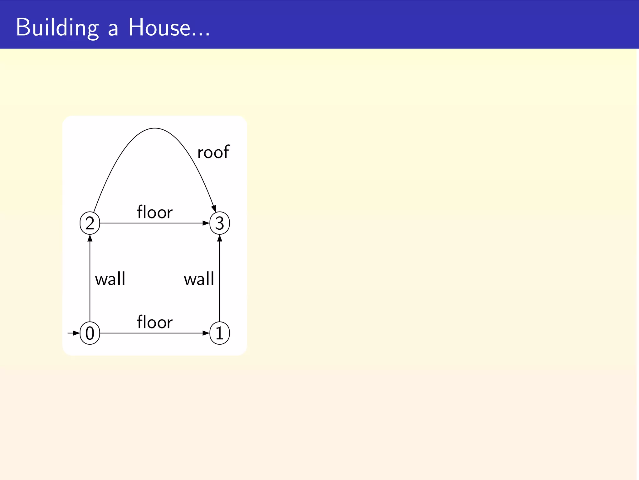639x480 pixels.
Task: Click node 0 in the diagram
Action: (x=90, y=333)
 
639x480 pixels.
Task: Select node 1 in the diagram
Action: (x=220, y=333)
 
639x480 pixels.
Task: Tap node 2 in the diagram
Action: (x=90, y=223)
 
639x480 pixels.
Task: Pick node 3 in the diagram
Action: (x=220, y=223)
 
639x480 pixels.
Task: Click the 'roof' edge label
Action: (x=213, y=152)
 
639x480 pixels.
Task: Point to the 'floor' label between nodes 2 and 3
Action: (x=155, y=212)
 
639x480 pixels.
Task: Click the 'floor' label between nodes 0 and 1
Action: (x=155, y=322)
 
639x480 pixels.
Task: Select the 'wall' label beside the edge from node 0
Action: (x=110, y=279)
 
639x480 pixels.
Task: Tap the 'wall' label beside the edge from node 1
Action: (x=199, y=279)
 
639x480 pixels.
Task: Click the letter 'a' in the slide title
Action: (x=113, y=30)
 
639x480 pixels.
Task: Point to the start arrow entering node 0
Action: (x=74, y=333)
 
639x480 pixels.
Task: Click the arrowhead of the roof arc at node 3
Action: (x=214, y=209)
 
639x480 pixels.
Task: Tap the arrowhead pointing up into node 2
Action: (x=90, y=238)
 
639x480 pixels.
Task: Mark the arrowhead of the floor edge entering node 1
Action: (x=206, y=333)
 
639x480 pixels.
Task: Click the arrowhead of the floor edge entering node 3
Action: (x=206, y=223)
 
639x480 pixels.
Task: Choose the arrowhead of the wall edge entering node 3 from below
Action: (x=220, y=238)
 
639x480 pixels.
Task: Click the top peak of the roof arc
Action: (x=155, y=128)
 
